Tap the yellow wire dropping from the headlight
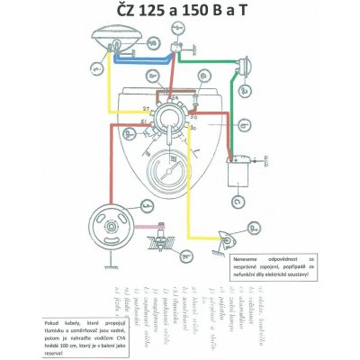coord(110,90)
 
